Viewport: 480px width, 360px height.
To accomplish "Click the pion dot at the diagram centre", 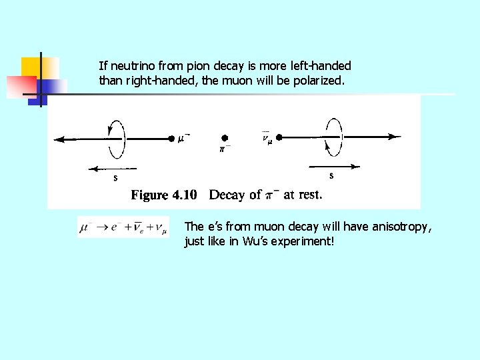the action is [225, 137].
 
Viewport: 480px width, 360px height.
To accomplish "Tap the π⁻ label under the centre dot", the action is [225, 149].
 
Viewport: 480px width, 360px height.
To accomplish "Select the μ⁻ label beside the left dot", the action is [184, 138].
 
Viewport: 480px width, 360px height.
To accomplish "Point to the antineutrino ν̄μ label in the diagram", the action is [267, 138].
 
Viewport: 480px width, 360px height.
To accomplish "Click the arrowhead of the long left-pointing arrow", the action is [59, 139].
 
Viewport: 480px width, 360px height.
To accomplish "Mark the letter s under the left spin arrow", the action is [115, 177].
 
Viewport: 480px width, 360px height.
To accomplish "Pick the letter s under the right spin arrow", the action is [331, 175].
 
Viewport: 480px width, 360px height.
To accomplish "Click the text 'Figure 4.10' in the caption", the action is [164, 195].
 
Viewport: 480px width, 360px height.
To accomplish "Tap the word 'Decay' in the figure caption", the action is [226, 195].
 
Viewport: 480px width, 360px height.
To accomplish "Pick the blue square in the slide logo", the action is [53, 87].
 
